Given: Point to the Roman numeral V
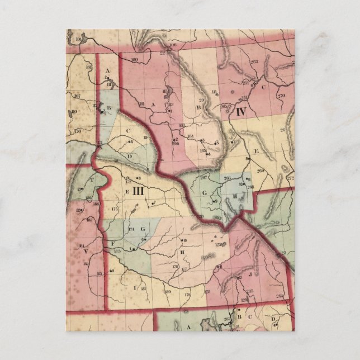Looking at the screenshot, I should coord(86,251).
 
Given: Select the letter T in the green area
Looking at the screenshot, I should coord(92,181).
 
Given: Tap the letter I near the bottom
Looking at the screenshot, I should coord(134,287).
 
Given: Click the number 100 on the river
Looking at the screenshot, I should coord(172,45).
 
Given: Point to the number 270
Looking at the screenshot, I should coord(281,96).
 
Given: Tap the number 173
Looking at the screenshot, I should coord(115,209).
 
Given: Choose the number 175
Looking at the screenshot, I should coord(117,252).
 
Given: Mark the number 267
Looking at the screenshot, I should coord(203,177).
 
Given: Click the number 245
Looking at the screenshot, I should coord(249,291).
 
